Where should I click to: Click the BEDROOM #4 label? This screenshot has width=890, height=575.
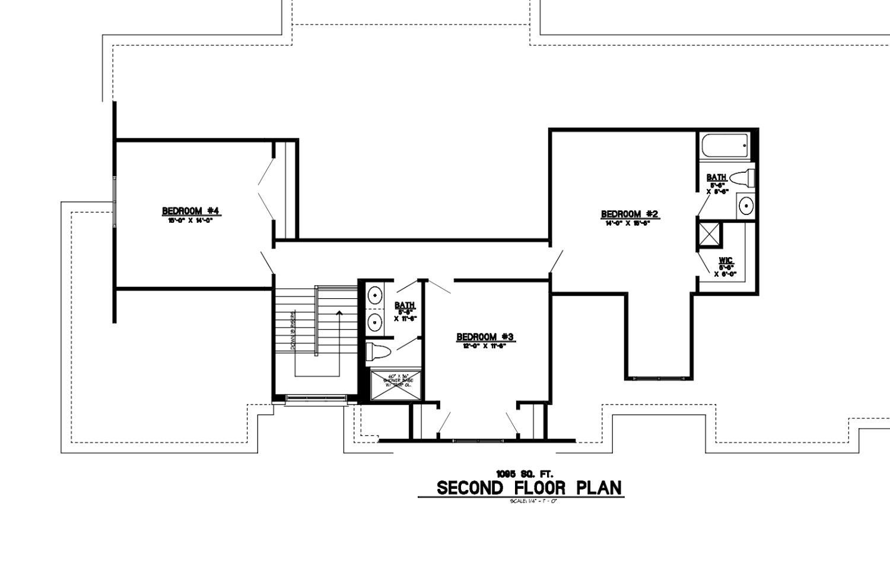[x=191, y=211]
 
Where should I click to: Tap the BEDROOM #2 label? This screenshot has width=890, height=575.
[x=630, y=214]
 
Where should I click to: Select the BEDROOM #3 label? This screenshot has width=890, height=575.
[x=485, y=337]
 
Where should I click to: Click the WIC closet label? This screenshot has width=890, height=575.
[x=726, y=261]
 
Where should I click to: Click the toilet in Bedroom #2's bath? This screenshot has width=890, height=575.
[x=742, y=178]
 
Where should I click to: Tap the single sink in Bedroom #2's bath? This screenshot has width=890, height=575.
[x=745, y=206]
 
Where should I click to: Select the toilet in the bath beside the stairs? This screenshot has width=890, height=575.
[x=377, y=352]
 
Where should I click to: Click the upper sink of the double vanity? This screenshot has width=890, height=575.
[x=375, y=294]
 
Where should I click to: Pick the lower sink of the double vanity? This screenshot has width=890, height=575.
[x=375, y=322]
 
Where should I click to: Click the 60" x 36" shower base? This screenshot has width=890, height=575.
[x=396, y=386]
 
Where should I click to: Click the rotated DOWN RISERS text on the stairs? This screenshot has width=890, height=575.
[x=293, y=330]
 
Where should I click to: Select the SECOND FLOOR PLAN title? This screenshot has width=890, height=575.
[x=529, y=488]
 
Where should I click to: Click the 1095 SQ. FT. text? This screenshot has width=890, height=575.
[x=525, y=474]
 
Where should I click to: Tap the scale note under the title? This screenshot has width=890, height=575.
[x=533, y=501]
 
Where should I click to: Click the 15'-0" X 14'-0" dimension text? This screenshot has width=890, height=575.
[x=190, y=220]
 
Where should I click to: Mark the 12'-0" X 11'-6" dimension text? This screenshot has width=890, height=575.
[x=484, y=346]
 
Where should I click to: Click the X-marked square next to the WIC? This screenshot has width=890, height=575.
[x=710, y=233]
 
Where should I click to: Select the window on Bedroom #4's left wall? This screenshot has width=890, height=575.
[x=115, y=201]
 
